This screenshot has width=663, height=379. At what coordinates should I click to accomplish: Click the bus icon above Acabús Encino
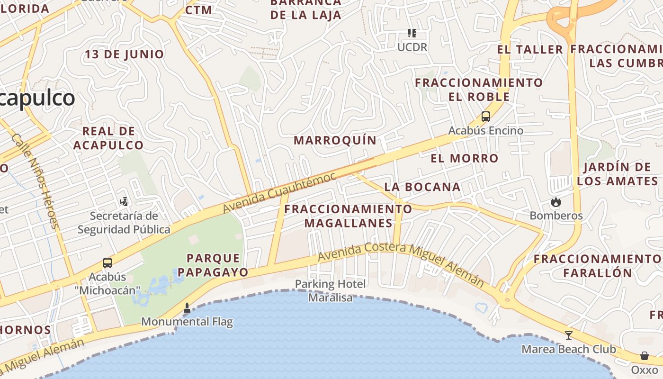click(485, 117)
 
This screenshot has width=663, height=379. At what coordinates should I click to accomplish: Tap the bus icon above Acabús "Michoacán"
click(108, 263)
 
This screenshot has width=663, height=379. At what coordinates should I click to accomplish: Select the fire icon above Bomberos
click(555, 202)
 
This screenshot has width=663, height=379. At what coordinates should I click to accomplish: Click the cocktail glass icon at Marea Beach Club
click(569, 335)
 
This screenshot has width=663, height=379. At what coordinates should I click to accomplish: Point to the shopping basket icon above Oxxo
click(644, 356)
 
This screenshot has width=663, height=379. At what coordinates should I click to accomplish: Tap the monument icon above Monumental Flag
click(187, 308)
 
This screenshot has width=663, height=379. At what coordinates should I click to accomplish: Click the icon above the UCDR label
click(412, 33)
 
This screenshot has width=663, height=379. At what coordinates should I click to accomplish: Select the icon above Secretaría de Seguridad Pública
click(124, 202)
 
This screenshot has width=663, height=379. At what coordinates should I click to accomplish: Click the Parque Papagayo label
click(213, 265)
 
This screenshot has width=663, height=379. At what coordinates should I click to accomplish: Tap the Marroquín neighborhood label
click(335, 140)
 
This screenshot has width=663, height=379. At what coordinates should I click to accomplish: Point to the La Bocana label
click(422, 187)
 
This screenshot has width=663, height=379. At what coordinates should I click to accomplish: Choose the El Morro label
click(465, 158)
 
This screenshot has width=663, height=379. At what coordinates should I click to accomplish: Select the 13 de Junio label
click(125, 54)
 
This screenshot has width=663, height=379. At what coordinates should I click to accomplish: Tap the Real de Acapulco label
click(108, 138)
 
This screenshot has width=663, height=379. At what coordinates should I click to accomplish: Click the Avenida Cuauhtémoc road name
click(279, 192)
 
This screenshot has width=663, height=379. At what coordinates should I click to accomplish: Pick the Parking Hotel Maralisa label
click(331, 290)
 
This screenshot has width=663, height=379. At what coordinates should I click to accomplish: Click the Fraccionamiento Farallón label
click(597, 266)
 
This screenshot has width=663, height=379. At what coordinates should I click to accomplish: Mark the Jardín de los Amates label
click(617, 174)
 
